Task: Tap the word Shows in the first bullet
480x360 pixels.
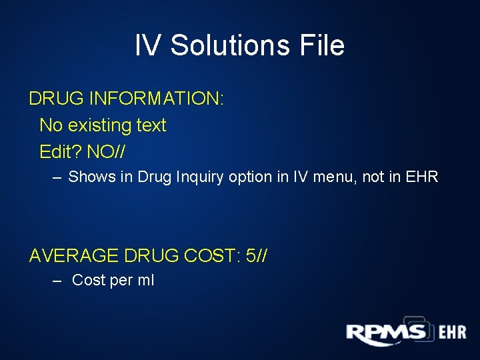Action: coord(87,177)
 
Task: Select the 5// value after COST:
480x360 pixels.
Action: coord(257,255)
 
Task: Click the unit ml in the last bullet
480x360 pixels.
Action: coord(145,281)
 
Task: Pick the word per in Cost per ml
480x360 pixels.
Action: coord(121,281)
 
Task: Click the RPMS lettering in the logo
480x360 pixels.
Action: coord(386,333)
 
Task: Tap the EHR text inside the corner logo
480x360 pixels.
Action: coord(453,333)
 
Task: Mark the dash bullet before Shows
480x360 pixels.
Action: coord(57,178)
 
